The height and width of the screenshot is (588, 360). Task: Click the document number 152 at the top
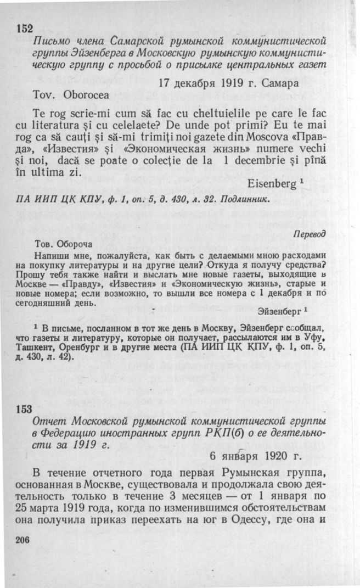[x=25, y=29]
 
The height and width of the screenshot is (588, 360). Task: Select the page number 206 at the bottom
[x=22, y=540]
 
